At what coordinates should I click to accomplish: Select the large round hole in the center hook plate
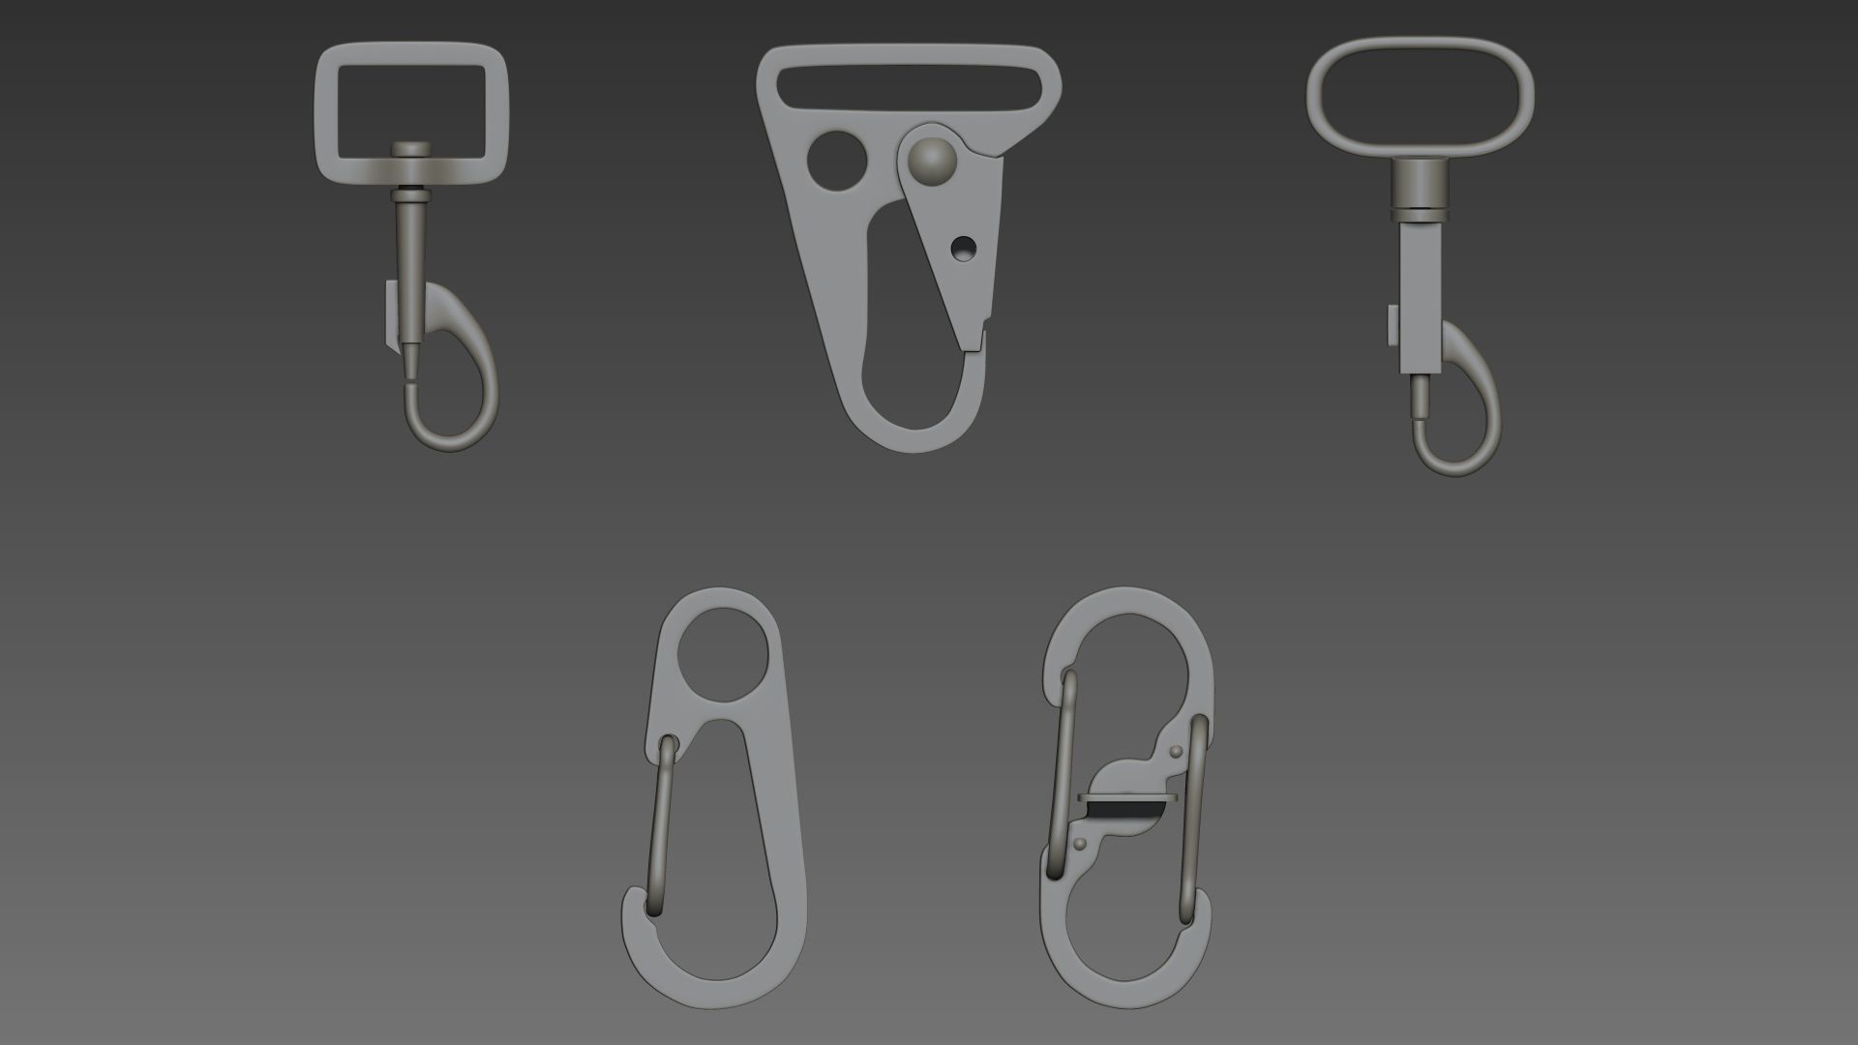click(x=836, y=161)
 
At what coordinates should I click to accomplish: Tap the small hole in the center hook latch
click(x=962, y=249)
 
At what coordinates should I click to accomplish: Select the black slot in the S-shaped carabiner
click(x=1125, y=803)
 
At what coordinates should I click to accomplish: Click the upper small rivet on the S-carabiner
click(x=1176, y=751)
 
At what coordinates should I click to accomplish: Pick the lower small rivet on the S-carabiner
click(x=1080, y=844)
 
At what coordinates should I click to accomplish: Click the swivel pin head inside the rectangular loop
click(x=411, y=149)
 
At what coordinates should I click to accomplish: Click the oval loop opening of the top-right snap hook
click(x=1420, y=96)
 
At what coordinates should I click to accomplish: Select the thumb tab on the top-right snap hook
click(x=1393, y=326)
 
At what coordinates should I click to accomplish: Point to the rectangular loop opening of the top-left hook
click(x=411, y=102)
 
